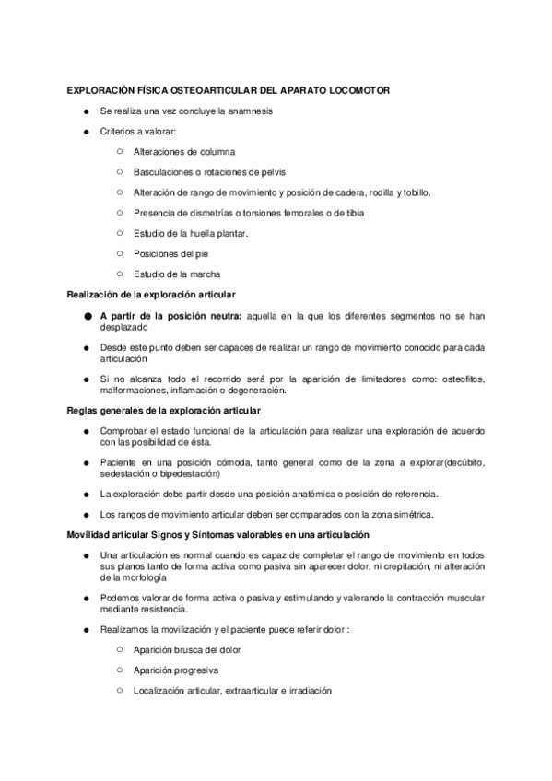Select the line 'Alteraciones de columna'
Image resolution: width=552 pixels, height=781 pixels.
point(184,152)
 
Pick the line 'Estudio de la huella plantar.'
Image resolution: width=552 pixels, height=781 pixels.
point(191,233)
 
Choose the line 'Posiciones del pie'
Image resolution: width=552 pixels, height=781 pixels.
point(171,253)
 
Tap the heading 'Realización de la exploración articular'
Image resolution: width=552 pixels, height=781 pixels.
point(151,294)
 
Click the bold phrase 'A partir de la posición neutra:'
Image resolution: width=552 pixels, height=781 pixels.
point(170,316)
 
